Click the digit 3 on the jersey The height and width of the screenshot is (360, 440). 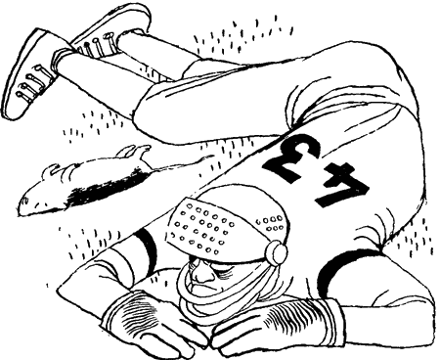(x=291, y=157)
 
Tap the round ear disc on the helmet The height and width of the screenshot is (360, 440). (x=277, y=251)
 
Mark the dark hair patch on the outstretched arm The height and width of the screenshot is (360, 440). (x=108, y=189)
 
